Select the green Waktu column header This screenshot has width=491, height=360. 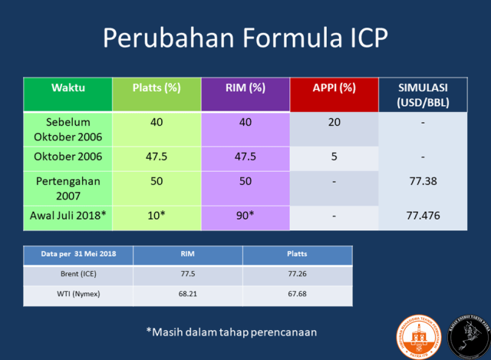tap(68, 87)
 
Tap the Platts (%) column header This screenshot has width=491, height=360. tap(157, 87)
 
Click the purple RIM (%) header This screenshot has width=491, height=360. tap(245, 87)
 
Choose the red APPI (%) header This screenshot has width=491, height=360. tap(334, 87)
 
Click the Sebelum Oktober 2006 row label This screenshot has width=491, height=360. tap(68, 128)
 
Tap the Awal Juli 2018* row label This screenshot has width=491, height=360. tap(68, 216)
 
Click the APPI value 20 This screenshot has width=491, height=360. tap(334, 121)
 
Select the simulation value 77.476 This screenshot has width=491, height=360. tap(423, 216)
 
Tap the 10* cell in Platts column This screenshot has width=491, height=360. tap(157, 216)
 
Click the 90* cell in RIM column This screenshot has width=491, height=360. tap(245, 216)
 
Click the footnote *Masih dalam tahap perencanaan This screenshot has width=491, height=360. tap(231, 332)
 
